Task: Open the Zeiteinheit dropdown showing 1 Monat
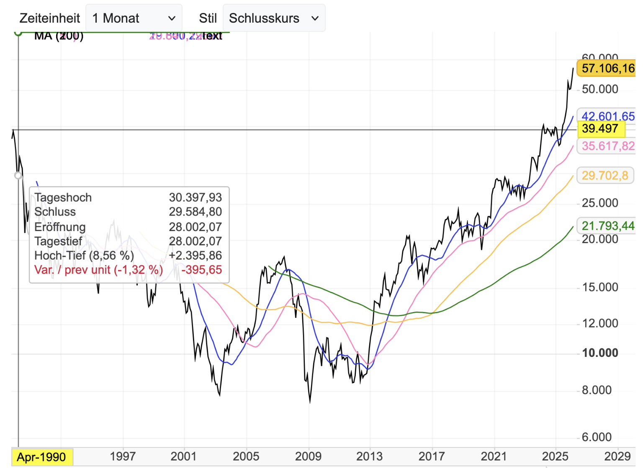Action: [x=134, y=18]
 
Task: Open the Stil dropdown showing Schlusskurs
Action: [x=274, y=18]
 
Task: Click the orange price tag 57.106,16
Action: [x=607, y=68]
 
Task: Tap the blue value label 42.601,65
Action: [x=607, y=116]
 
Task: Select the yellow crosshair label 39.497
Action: [x=600, y=129]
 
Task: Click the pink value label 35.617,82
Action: [x=607, y=146]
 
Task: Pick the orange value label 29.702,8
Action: [x=605, y=175]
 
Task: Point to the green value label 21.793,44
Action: [x=607, y=226]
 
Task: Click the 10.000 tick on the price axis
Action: [x=600, y=353]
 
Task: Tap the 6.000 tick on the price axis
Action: [x=597, y=437]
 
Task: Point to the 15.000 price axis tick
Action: [x=600, y=287]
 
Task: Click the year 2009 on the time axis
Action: [x=308, y=456]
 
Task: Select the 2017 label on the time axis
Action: [x=432, y=456]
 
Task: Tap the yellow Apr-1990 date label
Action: [x=41, y=457]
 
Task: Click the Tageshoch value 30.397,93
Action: [x=195, y=198]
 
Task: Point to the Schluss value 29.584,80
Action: [x=195, y=212]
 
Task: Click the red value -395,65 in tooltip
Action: [x=201, y=270]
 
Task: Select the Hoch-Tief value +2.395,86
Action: [x=195, y=255]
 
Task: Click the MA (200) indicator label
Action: [x=59, y=36]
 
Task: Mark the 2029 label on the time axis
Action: [x=617, y=456]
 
